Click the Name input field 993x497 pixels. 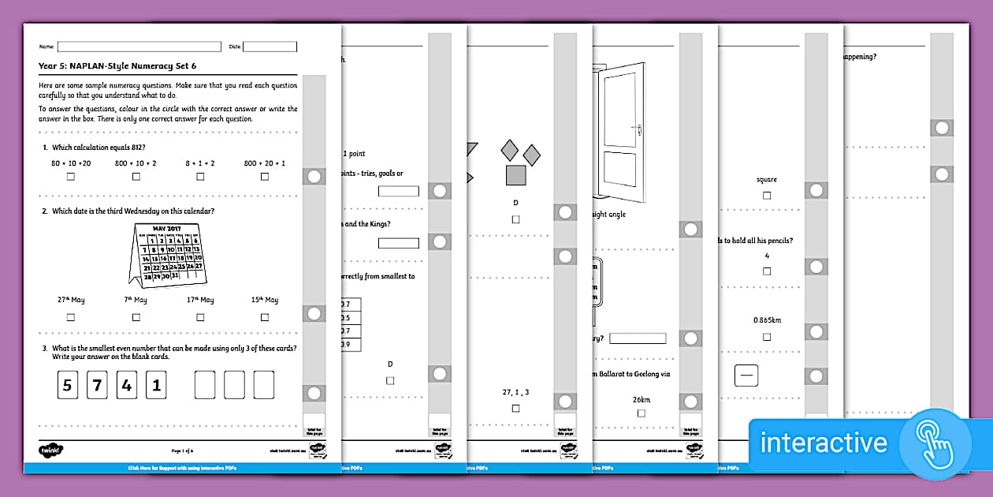tap(139, 47)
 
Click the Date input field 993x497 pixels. tap(270, 47)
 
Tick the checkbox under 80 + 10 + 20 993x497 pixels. tap(71, 177)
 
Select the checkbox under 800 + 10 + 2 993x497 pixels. tap(135, 177)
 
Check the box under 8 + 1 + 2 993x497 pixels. tap(200, 177)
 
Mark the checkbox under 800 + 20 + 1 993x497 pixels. tap(265, 177)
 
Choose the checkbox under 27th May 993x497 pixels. tap(71, 317)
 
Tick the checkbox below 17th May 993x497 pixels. tap(200, 317)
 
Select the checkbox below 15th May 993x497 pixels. tap(265, 317)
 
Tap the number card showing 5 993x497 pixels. tap(68, 386)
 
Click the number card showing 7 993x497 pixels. tap(98, 386)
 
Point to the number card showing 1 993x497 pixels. tap(157, 386)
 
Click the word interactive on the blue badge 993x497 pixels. tap(824, 443)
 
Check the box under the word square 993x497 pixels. tap(767, 196)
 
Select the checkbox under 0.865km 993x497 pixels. tap(767, 337)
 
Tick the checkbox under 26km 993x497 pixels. tap(642, 413)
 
